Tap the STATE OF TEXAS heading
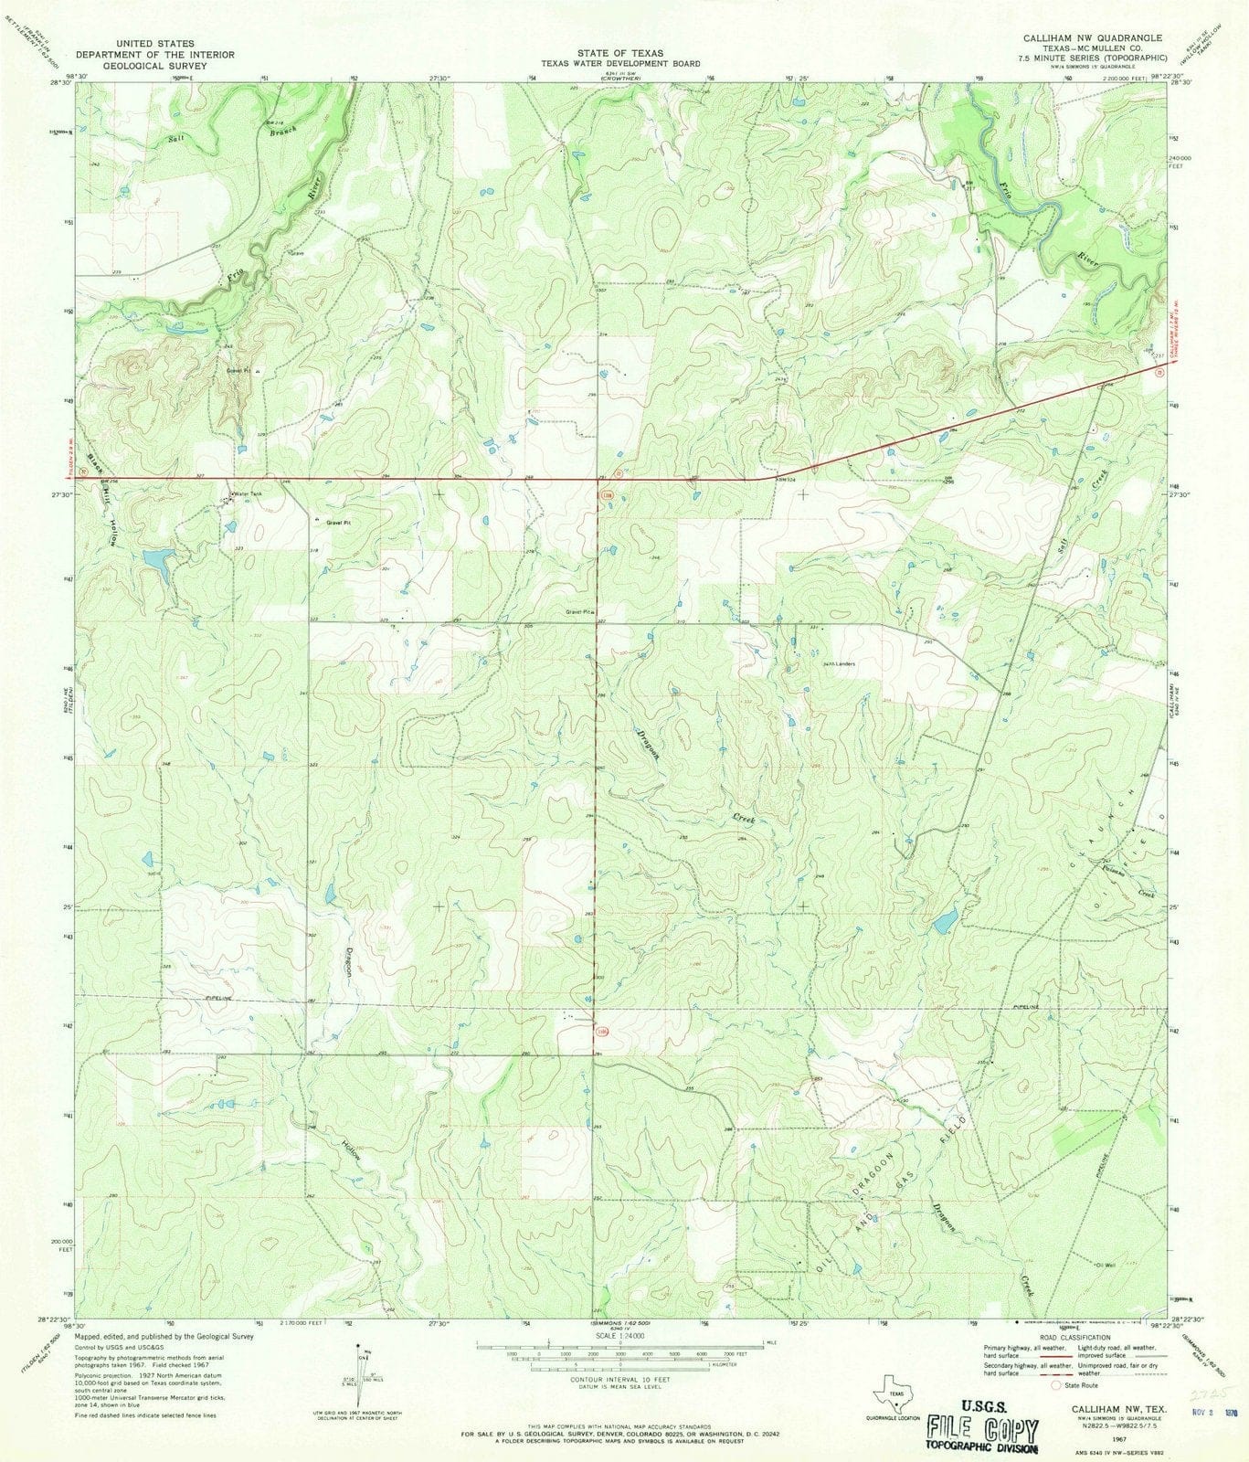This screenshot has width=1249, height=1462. click(x=624, y=53)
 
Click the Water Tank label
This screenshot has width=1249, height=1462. click(x=247, y=494)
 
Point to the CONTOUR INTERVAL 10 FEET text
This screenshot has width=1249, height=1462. click(x=619, y=1381)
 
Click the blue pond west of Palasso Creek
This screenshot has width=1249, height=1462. click(x=946, y=920)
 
